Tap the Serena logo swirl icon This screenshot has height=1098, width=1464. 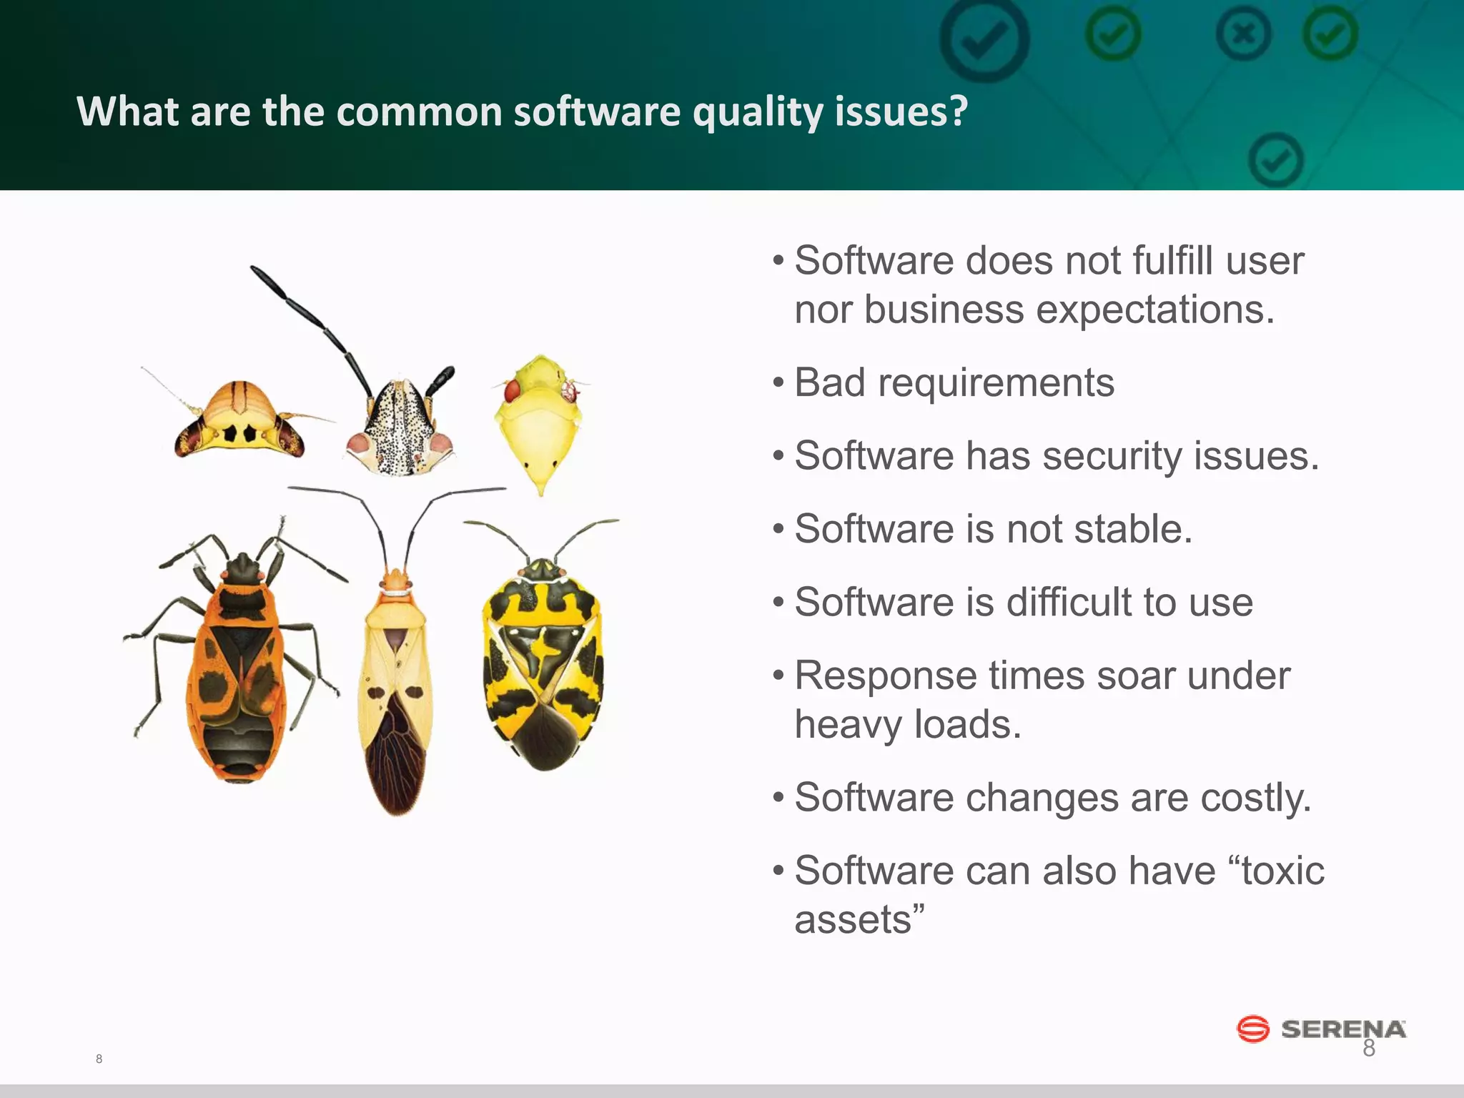click(x=1252, y=1029)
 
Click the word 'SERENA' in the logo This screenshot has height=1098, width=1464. click(x=1343, y=1029)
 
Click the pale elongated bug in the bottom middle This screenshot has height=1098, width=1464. click(x=395, y=686)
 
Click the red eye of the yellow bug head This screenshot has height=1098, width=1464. click(x=513, y=391)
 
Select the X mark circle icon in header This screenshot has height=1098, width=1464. click(x=1244, y=34)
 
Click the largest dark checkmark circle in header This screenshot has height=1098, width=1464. click(x=984, y=39)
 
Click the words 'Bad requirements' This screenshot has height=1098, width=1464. click(x=954, y=382)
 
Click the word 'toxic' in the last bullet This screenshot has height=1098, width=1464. click(x=1283, y=871)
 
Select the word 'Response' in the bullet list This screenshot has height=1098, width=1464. click(x=885, y=676)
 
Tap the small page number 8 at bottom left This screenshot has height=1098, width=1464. click(x=99, y=1059)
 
